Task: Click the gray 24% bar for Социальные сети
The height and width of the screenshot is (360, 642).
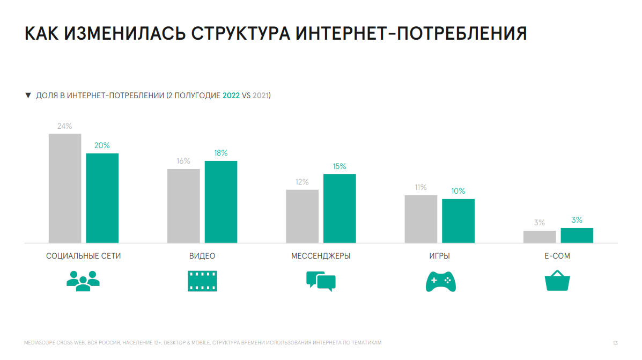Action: [65, 188]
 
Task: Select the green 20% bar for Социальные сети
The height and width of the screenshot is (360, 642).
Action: [102, 198]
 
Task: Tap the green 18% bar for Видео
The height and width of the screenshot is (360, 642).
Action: [221, 202]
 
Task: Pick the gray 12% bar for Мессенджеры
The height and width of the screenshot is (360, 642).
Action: [302, 216]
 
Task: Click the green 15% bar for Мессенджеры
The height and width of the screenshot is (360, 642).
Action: [340, 208]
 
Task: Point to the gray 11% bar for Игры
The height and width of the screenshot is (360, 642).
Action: [421, 219]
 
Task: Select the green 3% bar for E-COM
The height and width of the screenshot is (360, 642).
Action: [577, 236]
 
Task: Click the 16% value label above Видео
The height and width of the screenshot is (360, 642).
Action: [183, 161]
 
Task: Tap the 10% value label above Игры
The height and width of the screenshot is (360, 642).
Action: [458, 191]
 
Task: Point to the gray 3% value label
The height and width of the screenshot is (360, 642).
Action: [539, 223]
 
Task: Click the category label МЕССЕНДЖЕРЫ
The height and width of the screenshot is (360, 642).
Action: [321, 256]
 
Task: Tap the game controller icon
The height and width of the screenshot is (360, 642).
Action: [440, 282]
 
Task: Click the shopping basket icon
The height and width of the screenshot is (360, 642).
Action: [557, 281]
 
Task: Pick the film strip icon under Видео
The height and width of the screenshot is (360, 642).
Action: [202, 281]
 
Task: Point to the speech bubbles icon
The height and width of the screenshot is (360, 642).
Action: [321, 281]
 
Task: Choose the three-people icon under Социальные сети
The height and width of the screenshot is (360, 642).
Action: [83, 281]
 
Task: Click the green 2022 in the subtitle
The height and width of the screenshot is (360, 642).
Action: [231, 95]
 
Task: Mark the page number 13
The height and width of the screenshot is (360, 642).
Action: [615, 343]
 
